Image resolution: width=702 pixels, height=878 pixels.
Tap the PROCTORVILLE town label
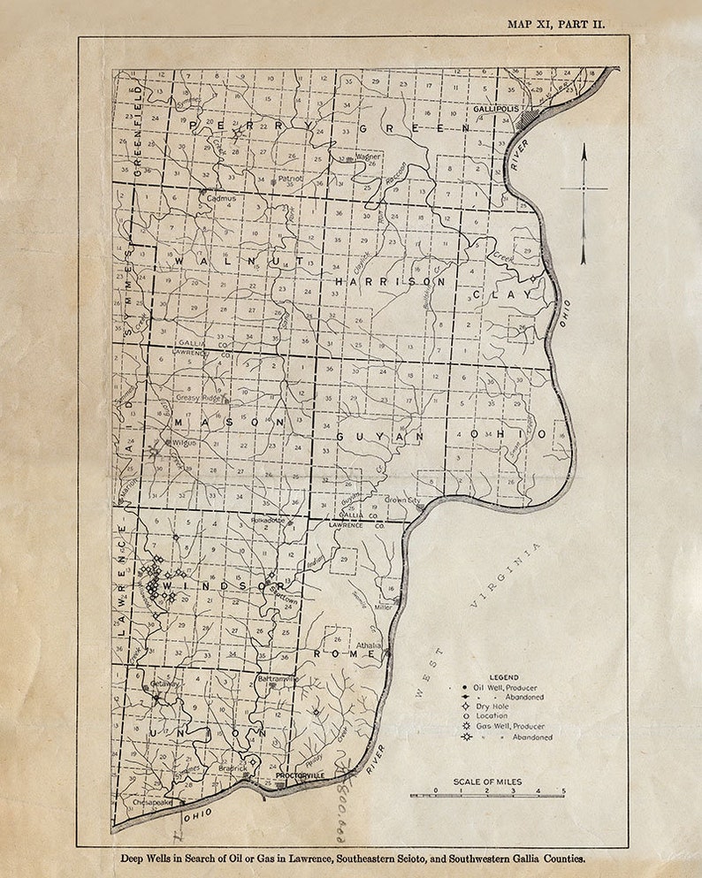click(300, 775)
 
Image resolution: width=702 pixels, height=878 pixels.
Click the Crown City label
click(402, 500)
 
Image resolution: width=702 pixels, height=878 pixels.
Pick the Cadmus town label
click(222, 199)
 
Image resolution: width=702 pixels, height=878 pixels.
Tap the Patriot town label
click(290, 178)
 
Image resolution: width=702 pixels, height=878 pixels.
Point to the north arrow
click(584, 203)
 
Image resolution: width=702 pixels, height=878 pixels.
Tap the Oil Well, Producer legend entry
click(505, 687)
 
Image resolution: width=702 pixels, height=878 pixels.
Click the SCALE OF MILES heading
click(487, 782)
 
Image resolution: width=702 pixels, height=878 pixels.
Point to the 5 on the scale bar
click(563, 790)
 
